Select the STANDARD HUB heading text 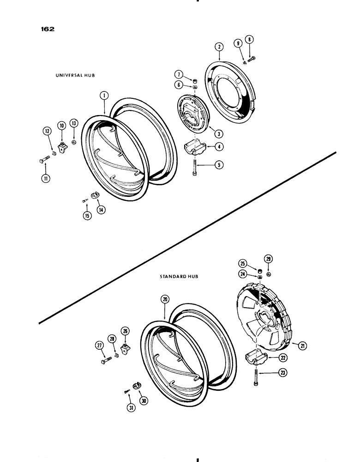(179, 276)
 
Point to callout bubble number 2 (219, 46)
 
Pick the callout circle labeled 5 (216, 164)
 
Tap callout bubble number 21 (302, 345)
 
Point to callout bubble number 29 (268, 258)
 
